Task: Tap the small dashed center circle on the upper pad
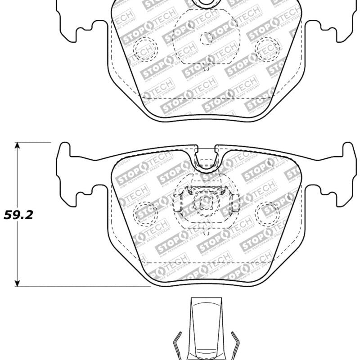click(206, 39)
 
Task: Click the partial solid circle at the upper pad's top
click(207, 4)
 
